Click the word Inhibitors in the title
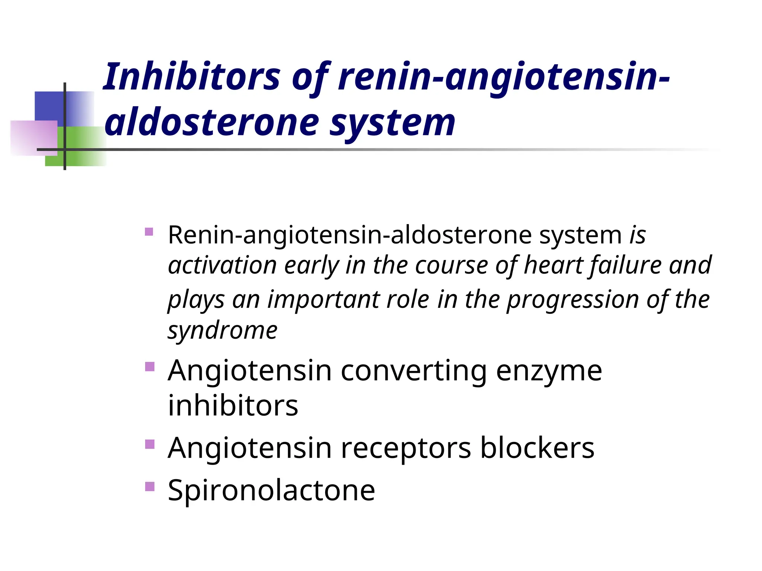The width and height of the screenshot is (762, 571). coord(191,77)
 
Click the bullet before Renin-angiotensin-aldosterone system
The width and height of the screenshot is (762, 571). coord(149,232)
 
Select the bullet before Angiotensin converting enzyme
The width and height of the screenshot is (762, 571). coord(149,367)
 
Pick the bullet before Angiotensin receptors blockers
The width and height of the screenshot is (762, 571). coord(149,444)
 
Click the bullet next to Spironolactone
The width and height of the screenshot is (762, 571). coord(149,486)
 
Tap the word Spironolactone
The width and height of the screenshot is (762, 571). coord(271,491)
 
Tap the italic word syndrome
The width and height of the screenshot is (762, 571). coord(222,331)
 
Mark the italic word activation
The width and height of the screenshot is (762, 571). coord(222,265)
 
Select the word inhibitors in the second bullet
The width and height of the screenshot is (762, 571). coord(233,405)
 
